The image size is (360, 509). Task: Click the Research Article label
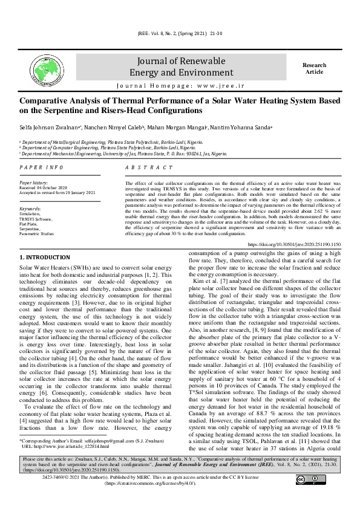coord(314,68)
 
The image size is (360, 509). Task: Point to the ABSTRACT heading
coord(146,167)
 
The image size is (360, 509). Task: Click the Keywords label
coord(31,208)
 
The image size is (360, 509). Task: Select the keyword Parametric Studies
coord(37,233)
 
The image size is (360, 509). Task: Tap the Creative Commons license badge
coord(308,480)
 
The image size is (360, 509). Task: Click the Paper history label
coord(34,182)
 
